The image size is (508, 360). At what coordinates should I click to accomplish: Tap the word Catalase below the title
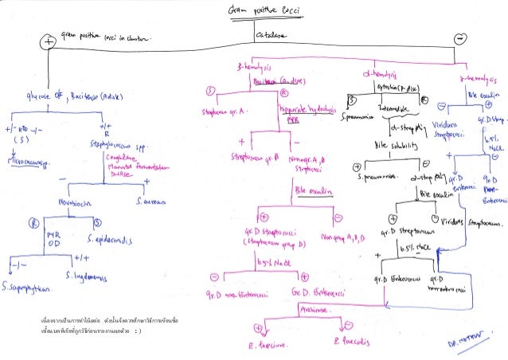[272, 37]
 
